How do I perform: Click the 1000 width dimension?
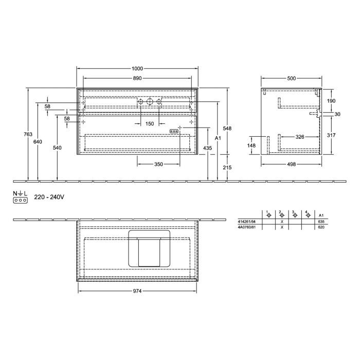coord(137,69)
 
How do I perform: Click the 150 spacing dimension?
coord(149,124)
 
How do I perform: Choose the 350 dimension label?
coord(158,165)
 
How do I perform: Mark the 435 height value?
coord(207,148)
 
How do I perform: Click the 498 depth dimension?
coord(292,165)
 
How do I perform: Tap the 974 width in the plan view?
coord(137,291)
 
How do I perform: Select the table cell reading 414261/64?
coord(247,221)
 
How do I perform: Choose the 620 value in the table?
coord(321,227)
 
